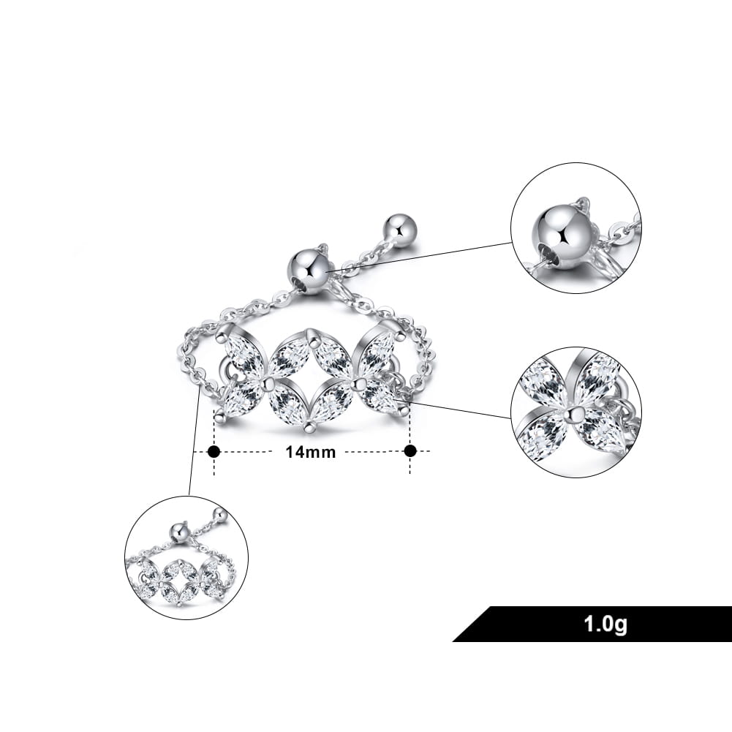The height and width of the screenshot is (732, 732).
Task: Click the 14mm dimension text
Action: [311, 452]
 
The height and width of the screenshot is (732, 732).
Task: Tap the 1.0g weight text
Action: [605, 624]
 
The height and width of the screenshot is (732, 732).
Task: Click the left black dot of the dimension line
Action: [214, 451]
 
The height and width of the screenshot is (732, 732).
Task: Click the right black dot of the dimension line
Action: [410, 451]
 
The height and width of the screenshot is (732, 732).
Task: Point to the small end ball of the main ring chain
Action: [397, 227]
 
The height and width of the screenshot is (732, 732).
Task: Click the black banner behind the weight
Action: [592, 624]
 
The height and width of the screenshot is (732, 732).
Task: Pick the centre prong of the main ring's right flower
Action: [358, 383]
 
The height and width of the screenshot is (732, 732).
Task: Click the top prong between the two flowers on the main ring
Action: [309, 333]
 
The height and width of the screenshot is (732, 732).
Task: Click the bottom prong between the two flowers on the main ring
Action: [309, 426]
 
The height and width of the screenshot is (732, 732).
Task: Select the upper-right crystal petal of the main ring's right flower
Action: [377, 351]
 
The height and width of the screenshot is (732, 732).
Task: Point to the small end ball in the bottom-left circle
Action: [220, 515]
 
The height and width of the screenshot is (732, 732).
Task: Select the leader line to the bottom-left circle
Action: [193, 441]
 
